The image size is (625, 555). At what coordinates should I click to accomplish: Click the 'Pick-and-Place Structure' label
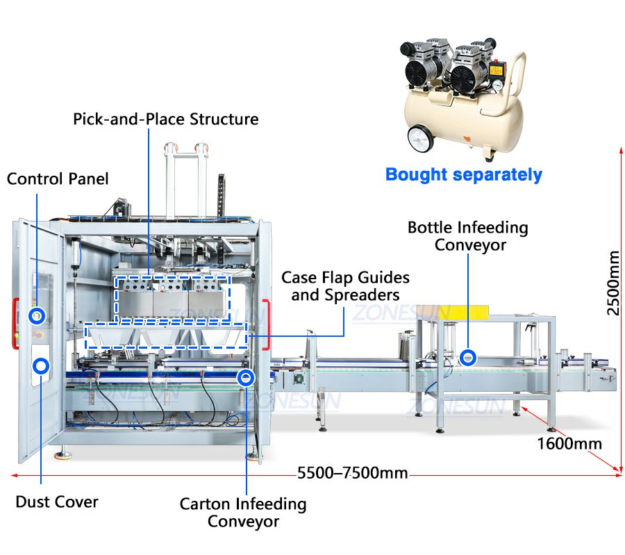pyautogui.click(x=166, y=119)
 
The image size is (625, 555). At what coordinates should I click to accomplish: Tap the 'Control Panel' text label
pyautogui.click(x=58, y=179)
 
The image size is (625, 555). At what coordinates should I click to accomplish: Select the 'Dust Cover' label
pyautogui.click(x=57, y=502)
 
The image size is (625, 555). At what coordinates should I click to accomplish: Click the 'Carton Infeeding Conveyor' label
pyautogui.click(x=243, y=513)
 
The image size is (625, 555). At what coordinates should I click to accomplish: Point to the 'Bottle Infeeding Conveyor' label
pyautogui.click(x=468, y=236)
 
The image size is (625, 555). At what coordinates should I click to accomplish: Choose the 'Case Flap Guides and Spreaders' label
pyautogui.click(x=345, y=286)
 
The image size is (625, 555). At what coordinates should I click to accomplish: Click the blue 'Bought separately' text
pyautogui.click(x=464, y=174)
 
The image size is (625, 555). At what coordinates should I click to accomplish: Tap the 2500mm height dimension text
pyautogui.click(x=613, y=283)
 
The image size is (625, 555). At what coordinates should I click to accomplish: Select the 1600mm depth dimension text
pyautogui.click(x=569, y=443)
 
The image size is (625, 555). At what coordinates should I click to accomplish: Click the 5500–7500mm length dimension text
pyautogui.click(x=353, y=473)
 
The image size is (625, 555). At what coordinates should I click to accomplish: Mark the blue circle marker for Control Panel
pyautogui.click(x=37, y=316)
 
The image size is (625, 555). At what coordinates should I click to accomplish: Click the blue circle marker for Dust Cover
pyautogui.click(x=41, y=365)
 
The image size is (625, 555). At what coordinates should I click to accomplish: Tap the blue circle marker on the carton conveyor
pyautogui.click(x=246, y=377)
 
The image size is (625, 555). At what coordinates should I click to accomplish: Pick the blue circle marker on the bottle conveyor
pyautogui.click(x=468, y=358)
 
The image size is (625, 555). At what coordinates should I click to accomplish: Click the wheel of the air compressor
pyautogui.click(x=421, y=138)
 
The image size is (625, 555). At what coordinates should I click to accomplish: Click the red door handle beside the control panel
pyautogui.click(x=15, y=324)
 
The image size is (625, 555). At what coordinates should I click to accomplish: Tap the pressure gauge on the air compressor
pyautogui.click(x=497, y=85)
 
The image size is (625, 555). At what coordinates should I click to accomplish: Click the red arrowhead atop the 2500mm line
pyautogui.click(x=621, y=151)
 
